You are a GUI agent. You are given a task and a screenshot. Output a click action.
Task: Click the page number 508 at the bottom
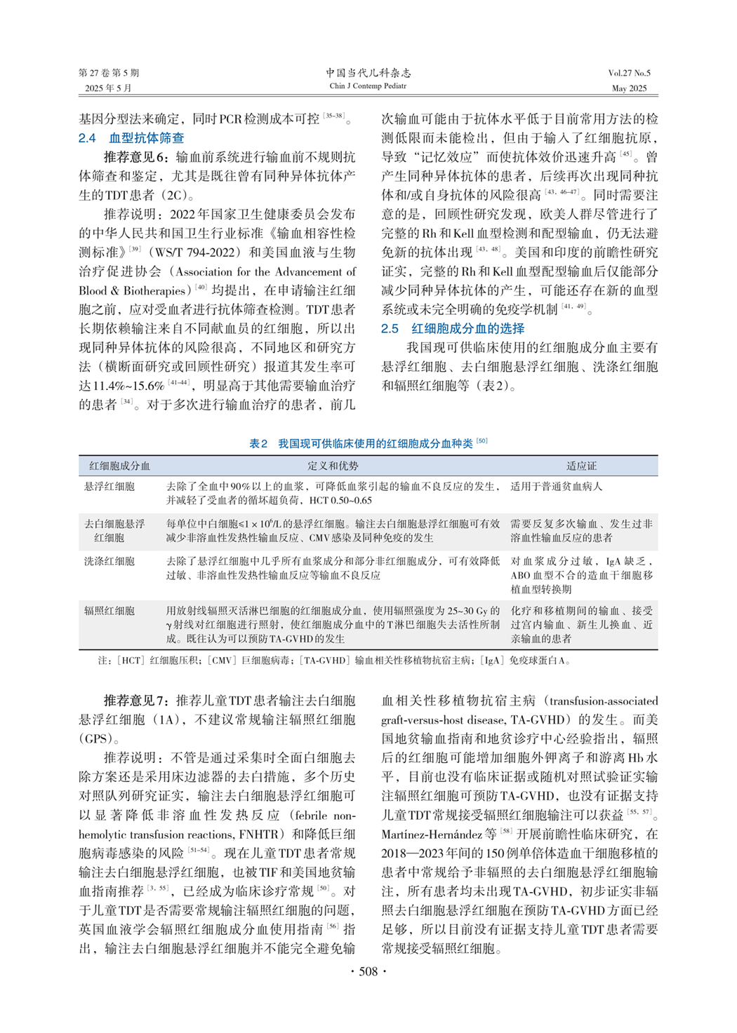[368, 971]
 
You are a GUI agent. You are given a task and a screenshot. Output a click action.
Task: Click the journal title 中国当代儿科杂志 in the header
[368, 73]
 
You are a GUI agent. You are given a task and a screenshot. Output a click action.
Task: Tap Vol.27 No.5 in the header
[629, 73]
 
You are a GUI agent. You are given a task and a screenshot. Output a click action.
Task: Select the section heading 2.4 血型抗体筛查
[131, 138]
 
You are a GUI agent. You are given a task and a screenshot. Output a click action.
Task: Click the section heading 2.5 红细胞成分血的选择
[453, 328]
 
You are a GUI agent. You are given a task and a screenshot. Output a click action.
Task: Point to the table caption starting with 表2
[368, 443]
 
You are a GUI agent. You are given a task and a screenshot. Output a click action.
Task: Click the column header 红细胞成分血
[119, 466]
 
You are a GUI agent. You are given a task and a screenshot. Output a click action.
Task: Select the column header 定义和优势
[333, 466]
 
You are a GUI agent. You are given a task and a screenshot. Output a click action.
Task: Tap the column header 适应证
[581, 466]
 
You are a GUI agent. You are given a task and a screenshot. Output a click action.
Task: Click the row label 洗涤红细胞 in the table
[109, 561]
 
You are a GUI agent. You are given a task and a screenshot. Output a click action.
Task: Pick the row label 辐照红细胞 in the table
[109, 611]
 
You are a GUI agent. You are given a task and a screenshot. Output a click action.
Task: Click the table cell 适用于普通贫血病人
[556, 486]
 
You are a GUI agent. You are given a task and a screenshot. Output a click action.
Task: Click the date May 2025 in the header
[629, 88]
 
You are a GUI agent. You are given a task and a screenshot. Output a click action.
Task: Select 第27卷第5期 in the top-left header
[109, 73]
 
